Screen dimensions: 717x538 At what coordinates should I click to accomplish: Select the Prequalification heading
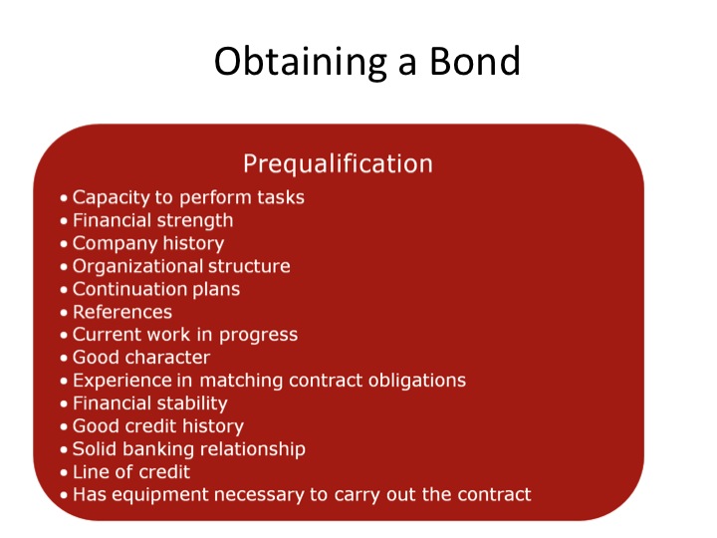(x=338, y=163)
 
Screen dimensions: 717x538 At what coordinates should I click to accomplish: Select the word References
(x=122, y=312)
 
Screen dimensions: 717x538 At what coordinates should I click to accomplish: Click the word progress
(x=258, y=335)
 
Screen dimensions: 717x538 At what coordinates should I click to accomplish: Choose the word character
(x=173, y=358)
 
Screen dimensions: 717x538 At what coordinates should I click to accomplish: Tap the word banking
(x=158, y=449)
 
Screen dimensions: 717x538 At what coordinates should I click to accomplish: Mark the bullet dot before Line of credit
(x=64, y=472)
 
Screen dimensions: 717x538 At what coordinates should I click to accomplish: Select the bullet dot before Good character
(x=64, y=358)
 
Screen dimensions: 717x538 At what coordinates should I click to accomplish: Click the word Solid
(x=95, y=448)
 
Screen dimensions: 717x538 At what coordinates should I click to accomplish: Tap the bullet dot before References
(x=64, y=313)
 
